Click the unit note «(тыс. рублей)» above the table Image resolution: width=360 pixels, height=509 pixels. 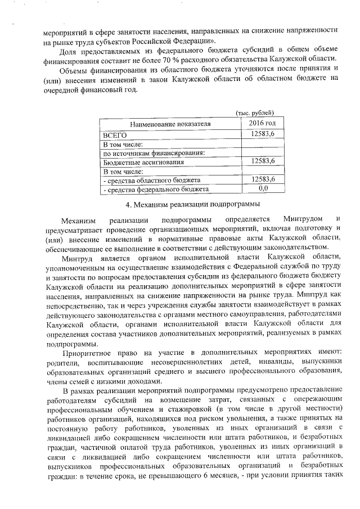click(x=254, y=113)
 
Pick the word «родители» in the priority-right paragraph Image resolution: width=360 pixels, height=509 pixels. click(x=62, y=363)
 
